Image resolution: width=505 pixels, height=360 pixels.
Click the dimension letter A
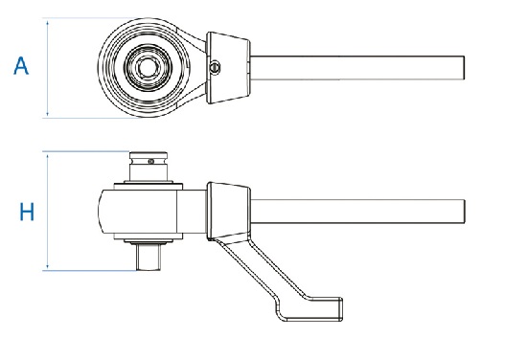(21, 66)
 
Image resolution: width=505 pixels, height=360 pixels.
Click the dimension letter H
(27, 212)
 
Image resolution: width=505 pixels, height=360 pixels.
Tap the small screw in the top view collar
(215, 67)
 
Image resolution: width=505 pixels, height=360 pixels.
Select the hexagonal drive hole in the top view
(148, 67)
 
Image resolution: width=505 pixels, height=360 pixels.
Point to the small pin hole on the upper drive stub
(151, 161)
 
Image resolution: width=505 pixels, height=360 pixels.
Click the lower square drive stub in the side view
(149, 257)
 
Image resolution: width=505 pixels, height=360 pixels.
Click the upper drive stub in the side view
(149, 167)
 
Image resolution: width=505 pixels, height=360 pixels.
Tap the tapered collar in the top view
(228, 68)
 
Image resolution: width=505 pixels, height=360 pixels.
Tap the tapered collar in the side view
(228, 211)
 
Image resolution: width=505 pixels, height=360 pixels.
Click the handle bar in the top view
(357, 68)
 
